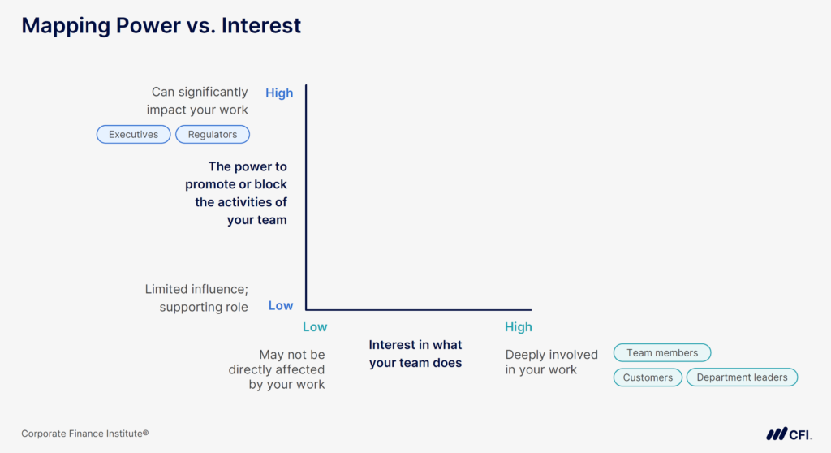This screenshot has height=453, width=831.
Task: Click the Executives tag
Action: [133, 134]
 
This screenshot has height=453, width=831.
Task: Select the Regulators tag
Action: [213, 134]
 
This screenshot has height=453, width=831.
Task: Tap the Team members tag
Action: [662, 352]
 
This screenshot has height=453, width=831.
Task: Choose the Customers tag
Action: [648, 377]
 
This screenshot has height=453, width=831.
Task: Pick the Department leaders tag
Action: [742, 377]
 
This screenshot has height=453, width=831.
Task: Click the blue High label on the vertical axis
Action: [279, 93]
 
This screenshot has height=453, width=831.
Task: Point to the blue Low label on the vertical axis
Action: [281, 306]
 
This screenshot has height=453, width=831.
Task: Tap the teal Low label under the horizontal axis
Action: [315, 326]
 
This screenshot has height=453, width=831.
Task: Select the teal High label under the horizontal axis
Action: [519, 326]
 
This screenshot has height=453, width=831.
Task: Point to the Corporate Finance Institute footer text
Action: [84, 434]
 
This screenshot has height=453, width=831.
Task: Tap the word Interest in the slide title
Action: [260, 26]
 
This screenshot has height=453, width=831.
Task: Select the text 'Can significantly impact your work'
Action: [198, 101]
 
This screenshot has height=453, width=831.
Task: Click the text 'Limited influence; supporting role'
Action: [196, 298]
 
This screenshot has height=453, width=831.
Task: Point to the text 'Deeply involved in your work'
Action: [551, 362]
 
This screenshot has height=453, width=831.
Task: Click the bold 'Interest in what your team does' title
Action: [415, 354]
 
